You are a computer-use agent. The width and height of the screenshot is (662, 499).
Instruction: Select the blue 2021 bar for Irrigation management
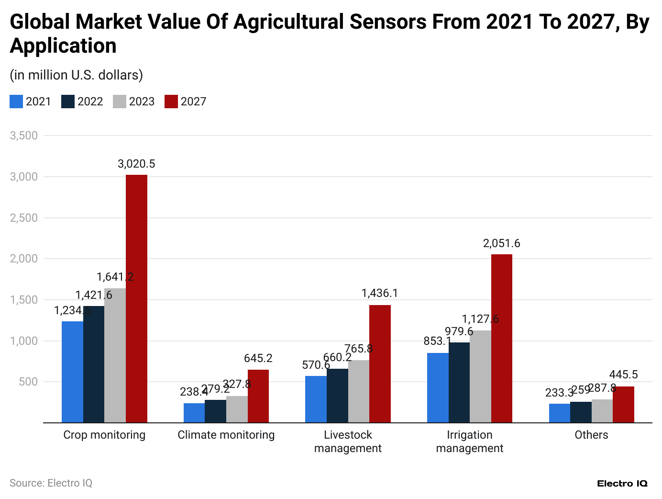tap(438, 387)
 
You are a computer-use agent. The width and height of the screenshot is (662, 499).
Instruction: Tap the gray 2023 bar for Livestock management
tap(359, 391)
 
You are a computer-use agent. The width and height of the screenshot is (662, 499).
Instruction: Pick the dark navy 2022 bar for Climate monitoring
tap(215, 411)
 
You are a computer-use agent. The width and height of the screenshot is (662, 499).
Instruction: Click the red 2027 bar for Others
tap(623, 404)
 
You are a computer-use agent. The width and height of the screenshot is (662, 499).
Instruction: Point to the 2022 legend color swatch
tap(68, 102)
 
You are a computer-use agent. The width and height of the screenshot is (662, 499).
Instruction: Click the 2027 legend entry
tap(186, 102)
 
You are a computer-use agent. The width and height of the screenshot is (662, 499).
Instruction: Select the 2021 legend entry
tap(30, 102)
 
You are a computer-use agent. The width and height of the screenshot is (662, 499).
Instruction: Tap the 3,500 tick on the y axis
tap(24, 136)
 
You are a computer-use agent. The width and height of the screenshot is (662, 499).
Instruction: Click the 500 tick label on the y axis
tap(28, 382)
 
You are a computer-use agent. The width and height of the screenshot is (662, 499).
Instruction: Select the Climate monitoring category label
tap(226, 435)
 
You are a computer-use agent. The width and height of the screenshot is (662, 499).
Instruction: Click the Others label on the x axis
tap(591, 435)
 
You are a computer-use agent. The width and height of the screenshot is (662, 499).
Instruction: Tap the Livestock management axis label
tap(348, 442)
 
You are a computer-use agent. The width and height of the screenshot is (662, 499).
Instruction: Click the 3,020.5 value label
tap(136, 164)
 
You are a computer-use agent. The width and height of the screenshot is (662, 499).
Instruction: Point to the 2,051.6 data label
tap(501, 243)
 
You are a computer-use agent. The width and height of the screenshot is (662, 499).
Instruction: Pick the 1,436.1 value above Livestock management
tap(380, 293)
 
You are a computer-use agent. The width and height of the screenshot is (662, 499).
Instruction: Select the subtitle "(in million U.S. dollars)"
tap(76, 75)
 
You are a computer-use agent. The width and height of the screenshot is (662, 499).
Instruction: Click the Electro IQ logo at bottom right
tap(622, 484)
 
